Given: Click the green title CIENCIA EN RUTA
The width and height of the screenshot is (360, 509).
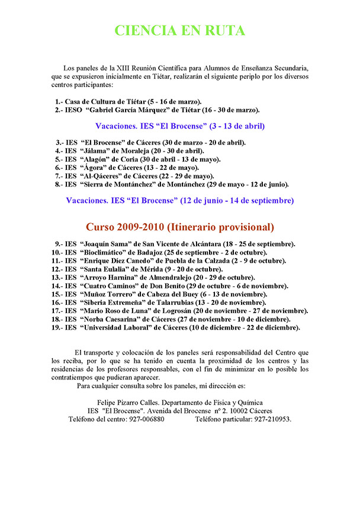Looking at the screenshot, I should (x=179, y=31).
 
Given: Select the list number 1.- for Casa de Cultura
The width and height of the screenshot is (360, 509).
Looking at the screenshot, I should (x=59, y=102).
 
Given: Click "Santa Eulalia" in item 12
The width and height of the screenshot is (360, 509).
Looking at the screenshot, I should (x=103, y=269).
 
